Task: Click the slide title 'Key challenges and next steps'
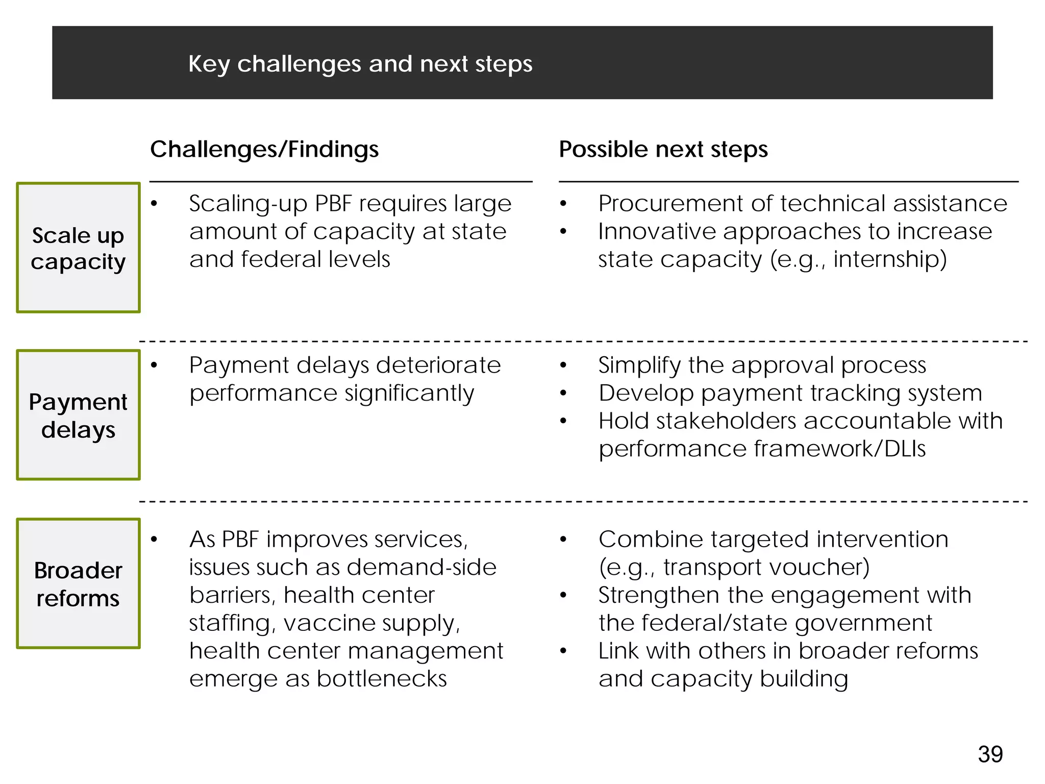tap(360, 64)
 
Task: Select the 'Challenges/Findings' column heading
tap(264, 150)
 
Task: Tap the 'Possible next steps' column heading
tap(663, 150)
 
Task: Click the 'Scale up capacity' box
tap(78, 248)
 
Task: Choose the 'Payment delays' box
tap(78, 415)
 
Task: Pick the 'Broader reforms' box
tap(78, 583)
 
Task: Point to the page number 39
tap(990, 754)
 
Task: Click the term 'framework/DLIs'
tap(839, 449)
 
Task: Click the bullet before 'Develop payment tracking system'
tap(563, 394)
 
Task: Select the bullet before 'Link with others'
tap(563, 651)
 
